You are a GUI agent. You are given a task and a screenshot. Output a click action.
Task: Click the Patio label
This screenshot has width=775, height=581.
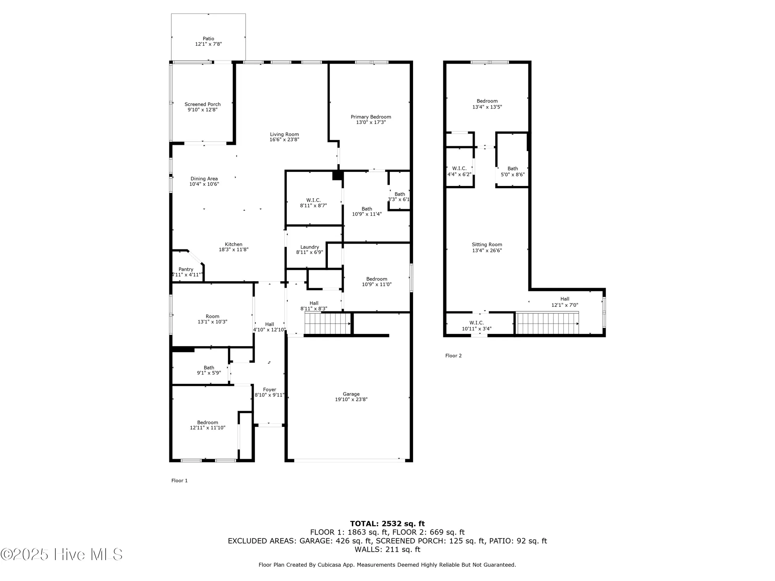click(208, 39)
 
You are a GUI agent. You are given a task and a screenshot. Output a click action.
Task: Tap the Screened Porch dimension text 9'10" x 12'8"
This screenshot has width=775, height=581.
click(203, 110)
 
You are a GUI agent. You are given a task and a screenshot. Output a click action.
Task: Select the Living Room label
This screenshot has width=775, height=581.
click(284, 134)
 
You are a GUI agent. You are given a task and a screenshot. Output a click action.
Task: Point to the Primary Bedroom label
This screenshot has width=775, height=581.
click(371, 117)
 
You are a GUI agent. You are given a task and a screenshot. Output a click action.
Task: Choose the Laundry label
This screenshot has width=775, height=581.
click(310, 247)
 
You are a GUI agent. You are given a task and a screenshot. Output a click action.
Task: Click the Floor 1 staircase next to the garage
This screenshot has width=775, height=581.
click(327, 324)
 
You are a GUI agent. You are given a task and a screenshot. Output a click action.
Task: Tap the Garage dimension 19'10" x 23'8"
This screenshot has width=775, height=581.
click(351, 399)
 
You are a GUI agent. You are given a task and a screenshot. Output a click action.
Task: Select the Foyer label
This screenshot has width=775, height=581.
click(270, 390)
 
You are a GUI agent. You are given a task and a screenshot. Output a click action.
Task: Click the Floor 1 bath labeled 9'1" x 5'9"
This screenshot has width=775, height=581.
click(209, 370)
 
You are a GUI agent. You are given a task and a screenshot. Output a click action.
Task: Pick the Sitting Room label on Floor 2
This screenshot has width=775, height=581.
click(487, 244)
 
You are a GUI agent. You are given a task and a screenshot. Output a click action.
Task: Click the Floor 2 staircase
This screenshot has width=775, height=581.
click(547, 323)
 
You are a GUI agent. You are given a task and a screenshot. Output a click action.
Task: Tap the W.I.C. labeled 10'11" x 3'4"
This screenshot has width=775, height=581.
click(477, 326)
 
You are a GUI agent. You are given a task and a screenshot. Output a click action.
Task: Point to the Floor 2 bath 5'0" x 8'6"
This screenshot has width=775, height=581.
click(513, 171)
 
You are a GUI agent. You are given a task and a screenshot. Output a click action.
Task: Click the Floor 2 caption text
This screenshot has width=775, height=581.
click(453, 356)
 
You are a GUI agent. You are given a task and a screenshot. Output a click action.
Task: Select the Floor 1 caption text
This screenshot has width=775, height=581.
click(179, 481)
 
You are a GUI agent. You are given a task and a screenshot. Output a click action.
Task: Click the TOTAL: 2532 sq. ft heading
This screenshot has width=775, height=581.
click(387, 524)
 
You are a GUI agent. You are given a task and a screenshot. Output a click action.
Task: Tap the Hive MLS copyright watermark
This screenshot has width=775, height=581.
click(62, 555)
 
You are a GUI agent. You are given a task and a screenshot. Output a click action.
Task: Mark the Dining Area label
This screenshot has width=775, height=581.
click(204, 179)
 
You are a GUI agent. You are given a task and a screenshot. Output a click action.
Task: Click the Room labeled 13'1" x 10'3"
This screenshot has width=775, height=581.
click(212, 319)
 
